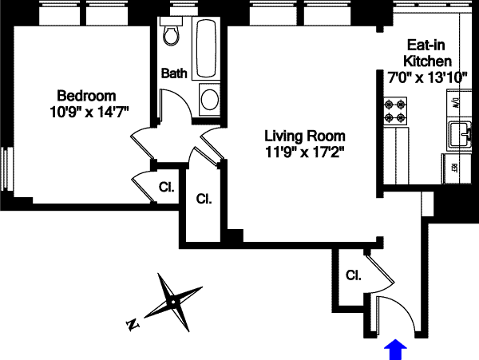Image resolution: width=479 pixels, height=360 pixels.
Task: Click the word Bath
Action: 175,73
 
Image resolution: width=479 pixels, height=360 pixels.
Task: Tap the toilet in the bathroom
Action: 171,34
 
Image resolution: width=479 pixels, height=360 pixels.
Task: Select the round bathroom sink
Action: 210,99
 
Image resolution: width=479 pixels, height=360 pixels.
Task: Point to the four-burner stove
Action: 395,109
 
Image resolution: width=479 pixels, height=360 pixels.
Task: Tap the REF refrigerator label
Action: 454,168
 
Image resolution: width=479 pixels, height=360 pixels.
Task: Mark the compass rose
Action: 173,303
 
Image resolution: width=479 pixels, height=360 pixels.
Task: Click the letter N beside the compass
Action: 133,325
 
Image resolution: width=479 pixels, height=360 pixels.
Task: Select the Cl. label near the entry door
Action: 353,276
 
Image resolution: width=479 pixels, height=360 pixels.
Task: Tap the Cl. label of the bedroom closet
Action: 166,188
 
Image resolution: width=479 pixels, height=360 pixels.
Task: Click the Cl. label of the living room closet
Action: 204,198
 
